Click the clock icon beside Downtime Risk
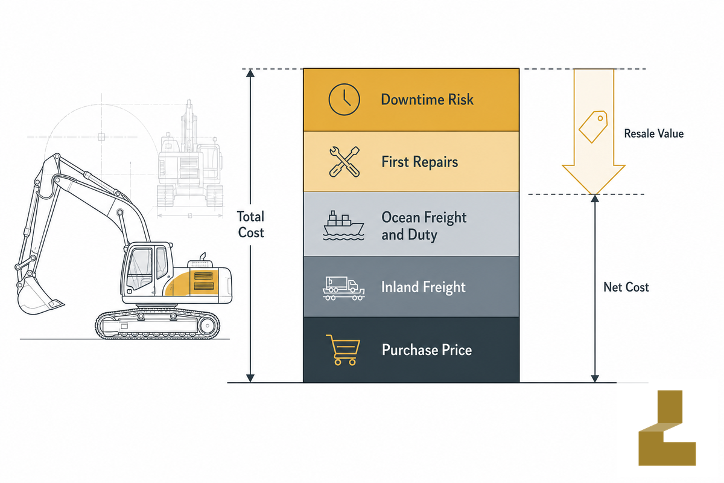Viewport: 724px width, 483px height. coord(344,100)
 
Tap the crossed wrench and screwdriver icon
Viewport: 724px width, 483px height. coord(345,162)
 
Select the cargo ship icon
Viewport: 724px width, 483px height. coord(343,226)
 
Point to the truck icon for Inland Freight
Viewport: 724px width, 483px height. coord(343,288)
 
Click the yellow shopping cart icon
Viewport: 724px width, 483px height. coord(343,350)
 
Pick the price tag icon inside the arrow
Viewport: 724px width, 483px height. coord(593,127)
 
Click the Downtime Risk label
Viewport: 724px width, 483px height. coord(427,100)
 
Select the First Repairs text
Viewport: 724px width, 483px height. coord(419,162)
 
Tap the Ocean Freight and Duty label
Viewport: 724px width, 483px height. coord(424,226)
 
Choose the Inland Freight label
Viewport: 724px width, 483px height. coord(424,287)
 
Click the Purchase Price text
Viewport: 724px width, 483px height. coord(427,350)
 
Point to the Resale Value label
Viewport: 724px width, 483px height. coord(653,133)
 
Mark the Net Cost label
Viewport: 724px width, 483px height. coord(626,287)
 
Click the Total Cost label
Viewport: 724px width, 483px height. coord(251,225)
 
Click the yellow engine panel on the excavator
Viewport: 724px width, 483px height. coord(191,283)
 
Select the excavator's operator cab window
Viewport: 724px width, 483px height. coord(140,268)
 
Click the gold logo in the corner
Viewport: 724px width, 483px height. coord(667,427)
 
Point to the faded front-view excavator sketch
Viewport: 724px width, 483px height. coord(189,155)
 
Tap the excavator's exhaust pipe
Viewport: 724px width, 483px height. coord(203,256)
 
